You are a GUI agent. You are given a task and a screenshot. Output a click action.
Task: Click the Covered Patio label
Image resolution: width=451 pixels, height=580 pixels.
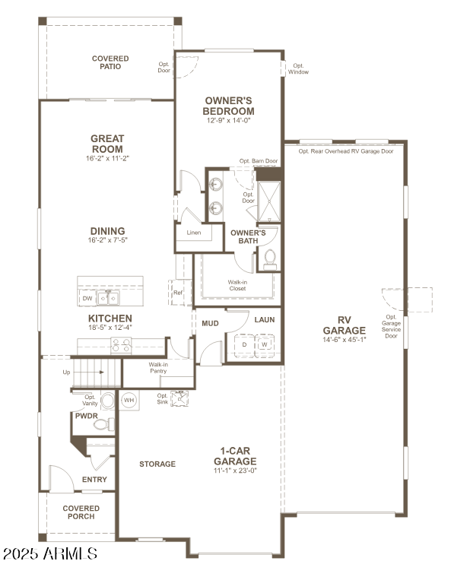click(x=110, y=62)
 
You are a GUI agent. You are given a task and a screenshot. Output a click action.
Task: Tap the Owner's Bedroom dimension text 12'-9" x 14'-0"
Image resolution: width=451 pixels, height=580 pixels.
click(x=229, y=120)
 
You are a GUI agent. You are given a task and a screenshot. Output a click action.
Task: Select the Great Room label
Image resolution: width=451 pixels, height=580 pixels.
click(x=107, y=144)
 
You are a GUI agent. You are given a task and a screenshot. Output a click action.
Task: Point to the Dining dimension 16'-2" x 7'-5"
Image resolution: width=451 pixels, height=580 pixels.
click(x=107, y=240)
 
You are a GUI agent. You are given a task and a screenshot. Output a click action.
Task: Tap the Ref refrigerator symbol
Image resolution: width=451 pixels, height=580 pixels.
click(x=177, y=293)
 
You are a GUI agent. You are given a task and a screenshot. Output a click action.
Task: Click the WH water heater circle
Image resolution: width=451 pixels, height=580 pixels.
click(x=129, y=400)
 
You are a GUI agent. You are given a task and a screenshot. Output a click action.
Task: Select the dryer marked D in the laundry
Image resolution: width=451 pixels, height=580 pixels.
click(x=244, y=344)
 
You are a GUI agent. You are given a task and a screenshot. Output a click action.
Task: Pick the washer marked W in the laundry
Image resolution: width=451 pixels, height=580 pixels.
click(x=264, y=344)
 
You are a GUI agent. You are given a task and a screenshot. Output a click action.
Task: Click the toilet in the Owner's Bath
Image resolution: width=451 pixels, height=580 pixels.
click(x=268, y=260)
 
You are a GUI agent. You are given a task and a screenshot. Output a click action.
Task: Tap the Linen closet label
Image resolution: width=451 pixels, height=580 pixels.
click(x=194, y=233)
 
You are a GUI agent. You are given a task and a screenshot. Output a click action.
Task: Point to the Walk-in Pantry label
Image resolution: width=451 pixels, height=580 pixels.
click(x=158, y=369)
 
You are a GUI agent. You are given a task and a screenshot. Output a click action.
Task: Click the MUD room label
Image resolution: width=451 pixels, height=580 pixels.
click(x=210, y=323)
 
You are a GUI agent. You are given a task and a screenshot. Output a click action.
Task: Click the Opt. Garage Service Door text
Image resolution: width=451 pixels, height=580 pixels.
click(x=391, y=326)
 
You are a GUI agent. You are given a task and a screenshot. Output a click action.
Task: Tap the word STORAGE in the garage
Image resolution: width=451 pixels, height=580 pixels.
click(x=157, y=464)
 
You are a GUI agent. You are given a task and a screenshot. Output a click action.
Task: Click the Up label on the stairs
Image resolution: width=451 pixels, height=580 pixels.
click(x=68, y=372)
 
